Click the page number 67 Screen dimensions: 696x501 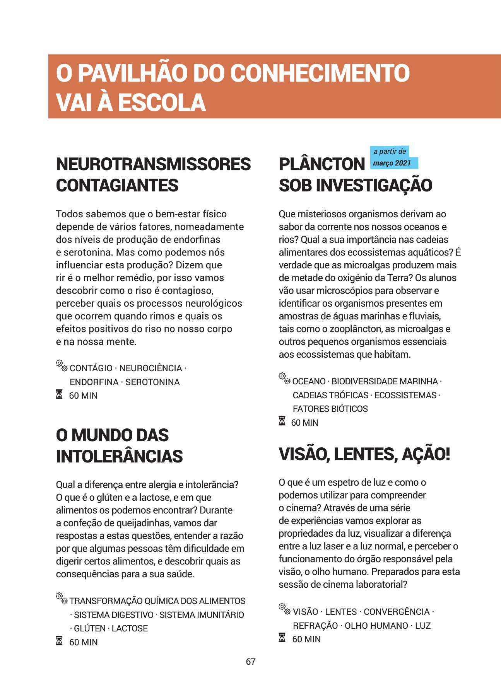(251, 662)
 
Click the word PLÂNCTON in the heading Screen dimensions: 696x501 (322, 164)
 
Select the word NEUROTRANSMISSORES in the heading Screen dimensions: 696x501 (153, 164)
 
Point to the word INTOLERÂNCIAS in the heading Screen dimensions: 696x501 (119, 456)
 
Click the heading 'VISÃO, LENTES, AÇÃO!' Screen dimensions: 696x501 (364, 454)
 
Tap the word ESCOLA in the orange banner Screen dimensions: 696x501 (162, 102)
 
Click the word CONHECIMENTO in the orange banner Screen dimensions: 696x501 (320, 73)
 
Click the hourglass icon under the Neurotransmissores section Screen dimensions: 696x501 (59, 395)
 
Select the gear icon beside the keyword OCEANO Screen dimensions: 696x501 (284, 379)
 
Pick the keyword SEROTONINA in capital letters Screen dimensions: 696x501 (152, 382)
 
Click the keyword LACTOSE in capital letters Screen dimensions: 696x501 (130, 628)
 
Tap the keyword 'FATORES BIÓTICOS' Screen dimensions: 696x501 (330, 409)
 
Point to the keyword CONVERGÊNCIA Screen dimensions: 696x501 (397, 612)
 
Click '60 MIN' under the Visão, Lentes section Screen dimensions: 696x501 (306, 639)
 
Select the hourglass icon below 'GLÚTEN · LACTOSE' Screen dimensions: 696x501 (59, 641)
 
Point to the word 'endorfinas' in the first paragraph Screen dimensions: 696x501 (197, 239)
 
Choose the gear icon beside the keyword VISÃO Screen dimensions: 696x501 (285, 609)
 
